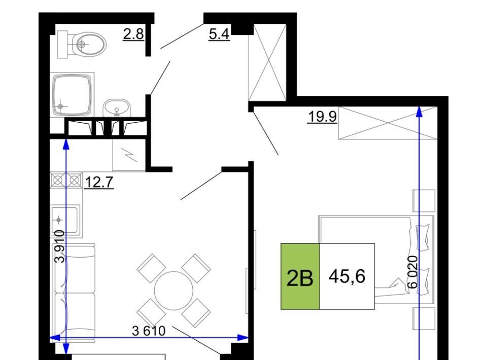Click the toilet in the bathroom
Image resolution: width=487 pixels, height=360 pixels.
[x=81, y=44]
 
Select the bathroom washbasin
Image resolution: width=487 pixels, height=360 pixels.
[x=116, y=108]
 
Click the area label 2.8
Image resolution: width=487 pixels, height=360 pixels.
[x=133, y=34]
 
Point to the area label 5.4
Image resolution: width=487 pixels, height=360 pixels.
[x=219, y=34]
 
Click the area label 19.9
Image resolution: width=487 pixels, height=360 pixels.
[x=323, y=117]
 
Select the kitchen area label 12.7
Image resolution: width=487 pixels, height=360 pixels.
[x=99, y=182]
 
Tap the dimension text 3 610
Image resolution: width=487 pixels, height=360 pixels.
[x=149, y=331]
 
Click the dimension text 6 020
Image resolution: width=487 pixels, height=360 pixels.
[x=412, y=272]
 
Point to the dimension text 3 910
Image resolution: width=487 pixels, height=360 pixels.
[x=60, y=246]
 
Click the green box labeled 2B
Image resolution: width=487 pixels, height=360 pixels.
[x=300, y=276]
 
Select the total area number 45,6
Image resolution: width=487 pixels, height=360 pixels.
[x=347, y=276]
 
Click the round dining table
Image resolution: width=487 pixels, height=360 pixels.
[x=173, y=291]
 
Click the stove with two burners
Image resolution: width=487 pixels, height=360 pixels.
[x=66, y=180]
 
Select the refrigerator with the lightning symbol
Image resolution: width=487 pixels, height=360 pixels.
[x=129, y=154]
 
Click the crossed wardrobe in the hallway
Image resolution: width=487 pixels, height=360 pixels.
[x=267, y=62]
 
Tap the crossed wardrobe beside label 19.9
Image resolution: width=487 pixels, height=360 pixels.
[x=388, y=123]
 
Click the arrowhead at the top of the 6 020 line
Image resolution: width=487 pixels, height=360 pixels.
[x=420, y=112]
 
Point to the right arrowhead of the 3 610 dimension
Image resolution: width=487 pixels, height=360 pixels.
[x=243, y=337]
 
